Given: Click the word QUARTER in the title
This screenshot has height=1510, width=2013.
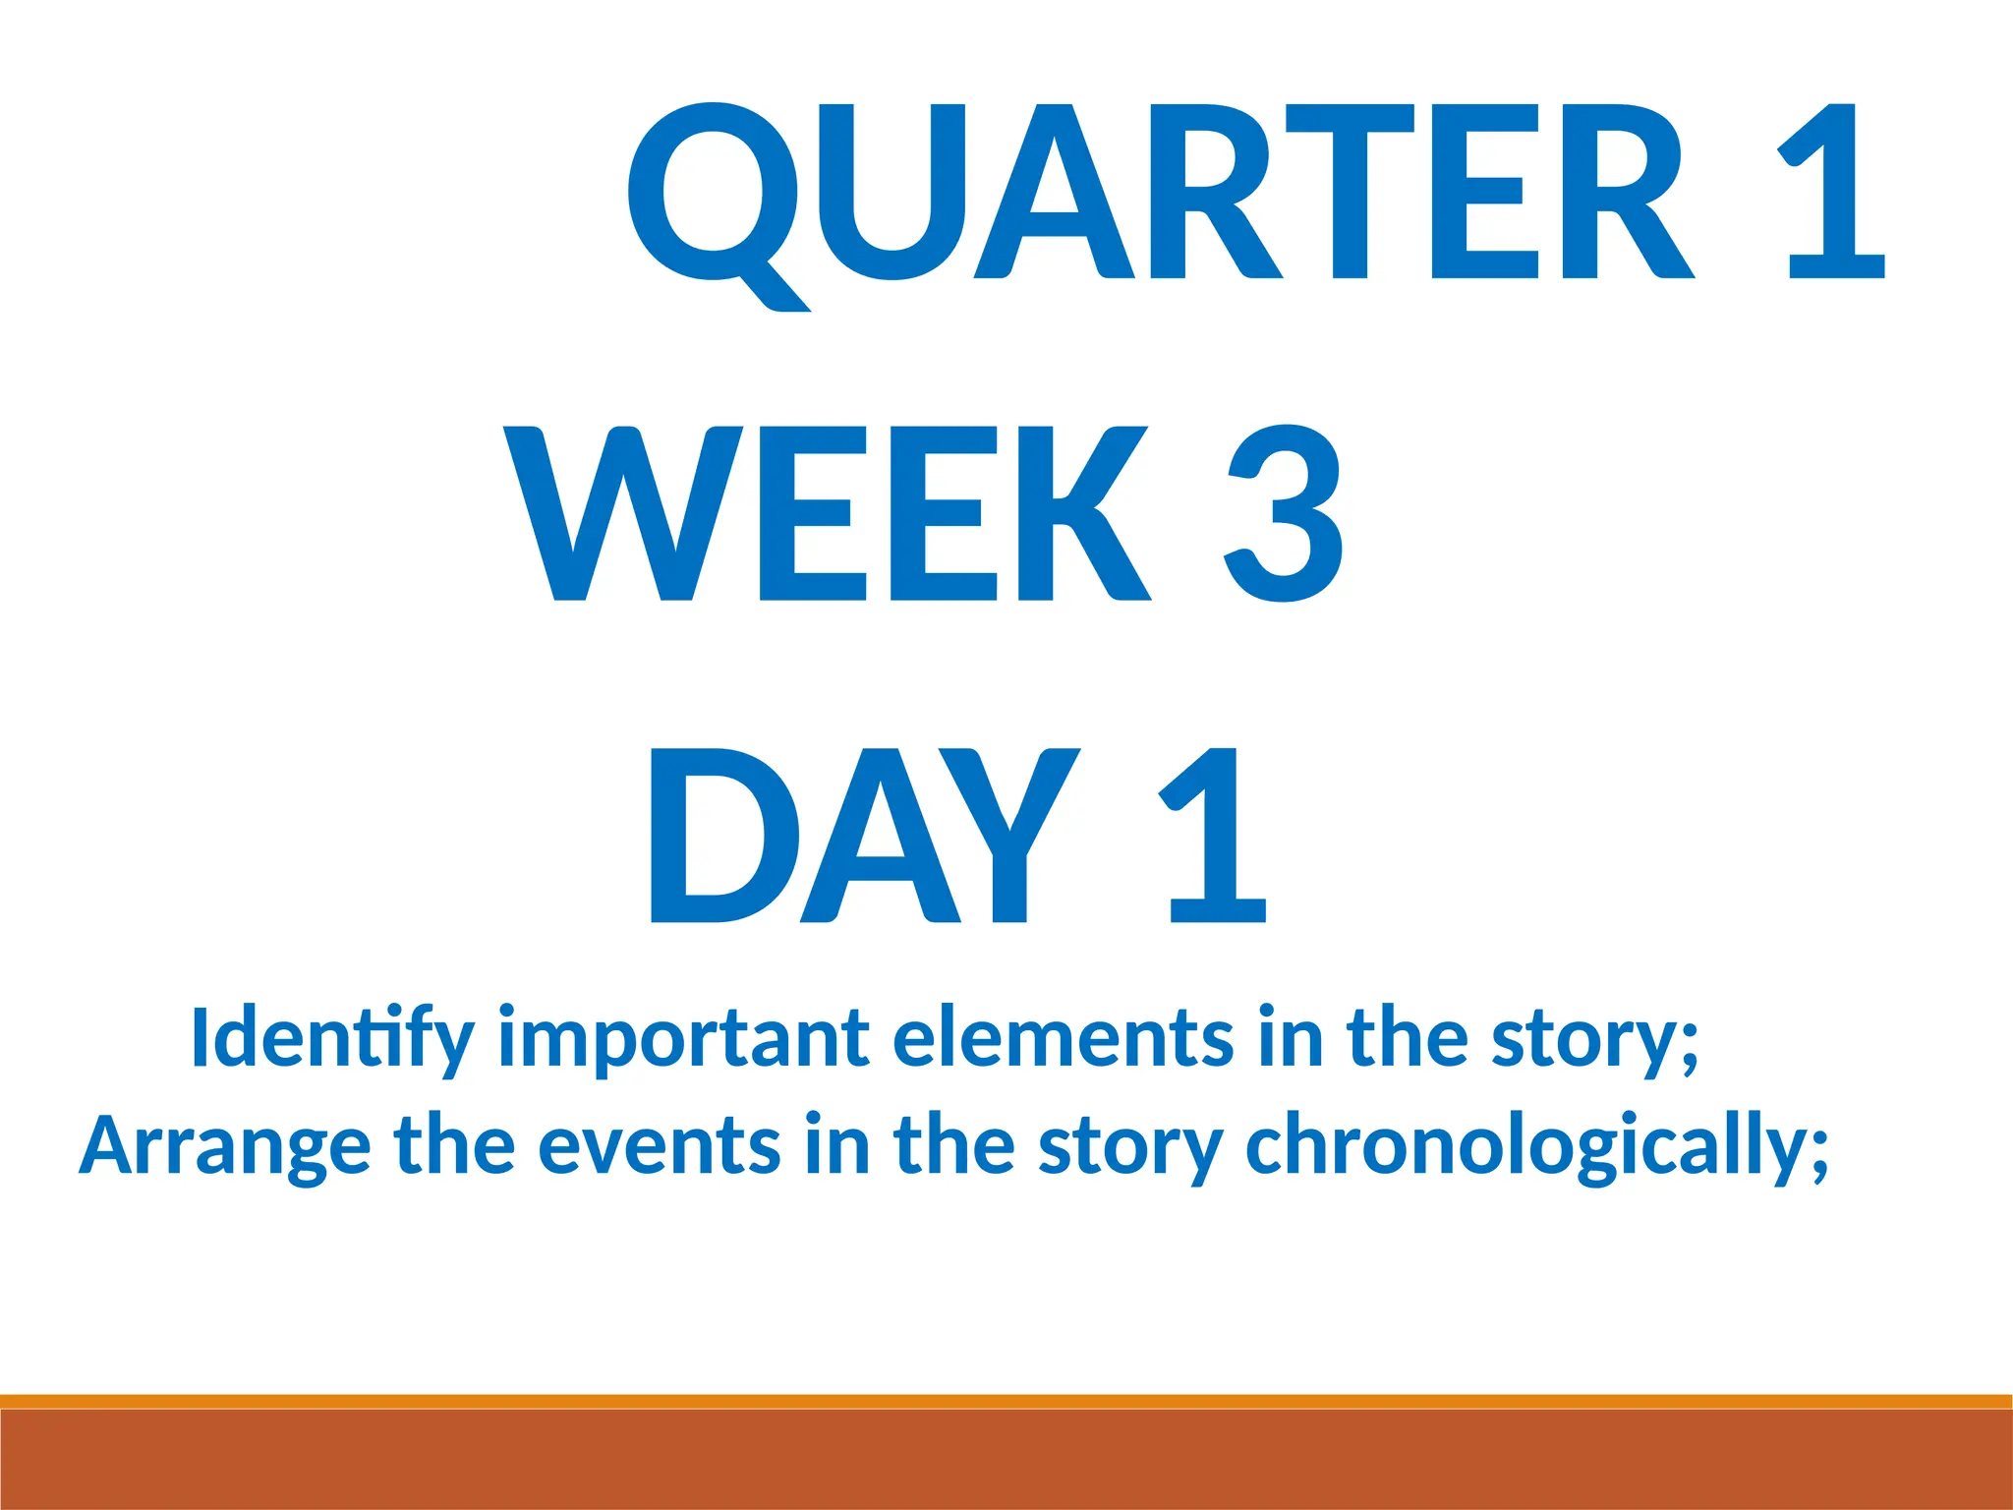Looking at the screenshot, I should click(1160, 192).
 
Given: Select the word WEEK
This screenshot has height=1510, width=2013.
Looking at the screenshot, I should click(826, 513).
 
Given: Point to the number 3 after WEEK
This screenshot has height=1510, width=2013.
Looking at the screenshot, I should click(1286, 513).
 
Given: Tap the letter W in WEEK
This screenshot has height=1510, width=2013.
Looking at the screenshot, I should click(623, 513).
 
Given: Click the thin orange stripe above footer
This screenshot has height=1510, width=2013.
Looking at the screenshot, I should click(1006, 1401).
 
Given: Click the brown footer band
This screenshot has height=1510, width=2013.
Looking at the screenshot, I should click(1006, 1460).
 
